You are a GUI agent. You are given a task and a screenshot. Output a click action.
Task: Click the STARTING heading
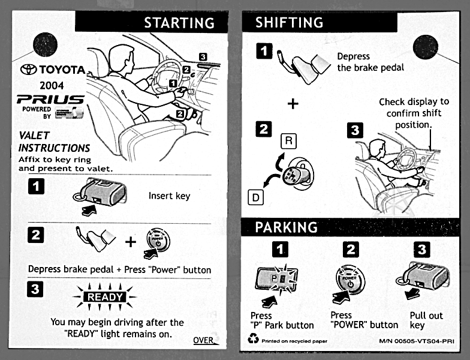tap(179, 23)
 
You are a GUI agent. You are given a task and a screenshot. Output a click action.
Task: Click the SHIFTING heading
tap(289, 23)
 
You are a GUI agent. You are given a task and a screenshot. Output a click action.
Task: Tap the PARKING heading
tap(286, 227)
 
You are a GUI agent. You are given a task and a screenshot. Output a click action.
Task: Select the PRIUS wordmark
tap(50, 99)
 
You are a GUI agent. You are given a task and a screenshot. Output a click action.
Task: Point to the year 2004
tap(52, 85)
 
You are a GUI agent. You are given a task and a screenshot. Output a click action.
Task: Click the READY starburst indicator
tap(104, 296)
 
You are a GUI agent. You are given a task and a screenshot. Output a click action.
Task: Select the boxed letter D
tap(254, 196)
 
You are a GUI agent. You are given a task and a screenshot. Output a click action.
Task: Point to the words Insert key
tap(169, 196)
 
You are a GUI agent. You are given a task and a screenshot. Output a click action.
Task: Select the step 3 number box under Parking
tap(422, 249)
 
